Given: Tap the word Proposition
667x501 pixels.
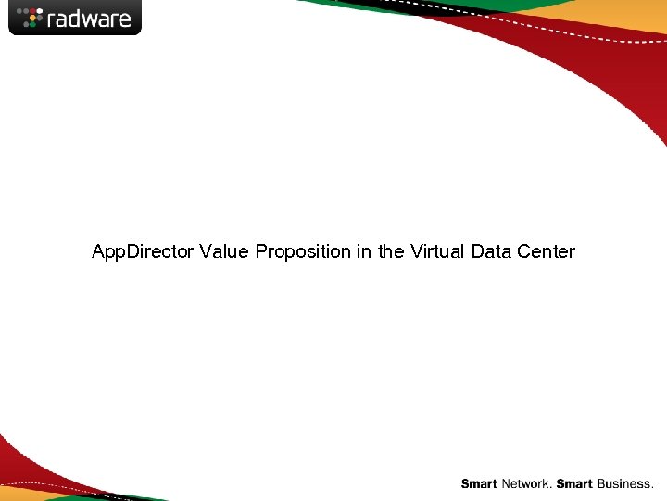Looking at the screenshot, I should [x=303, y=251].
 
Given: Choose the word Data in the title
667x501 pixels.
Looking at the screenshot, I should [x=491, y=251].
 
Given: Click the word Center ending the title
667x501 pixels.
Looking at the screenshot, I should [x=547, y=251].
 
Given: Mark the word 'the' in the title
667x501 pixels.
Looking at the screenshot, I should [x=391, y=251].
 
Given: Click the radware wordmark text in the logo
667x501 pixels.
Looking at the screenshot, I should [x=89, y=18].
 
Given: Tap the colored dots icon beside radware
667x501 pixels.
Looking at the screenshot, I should [x=31, y=17].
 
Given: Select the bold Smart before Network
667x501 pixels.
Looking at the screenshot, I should [x=479, y=484].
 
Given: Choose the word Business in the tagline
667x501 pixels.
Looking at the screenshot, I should [x=625, y=484].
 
